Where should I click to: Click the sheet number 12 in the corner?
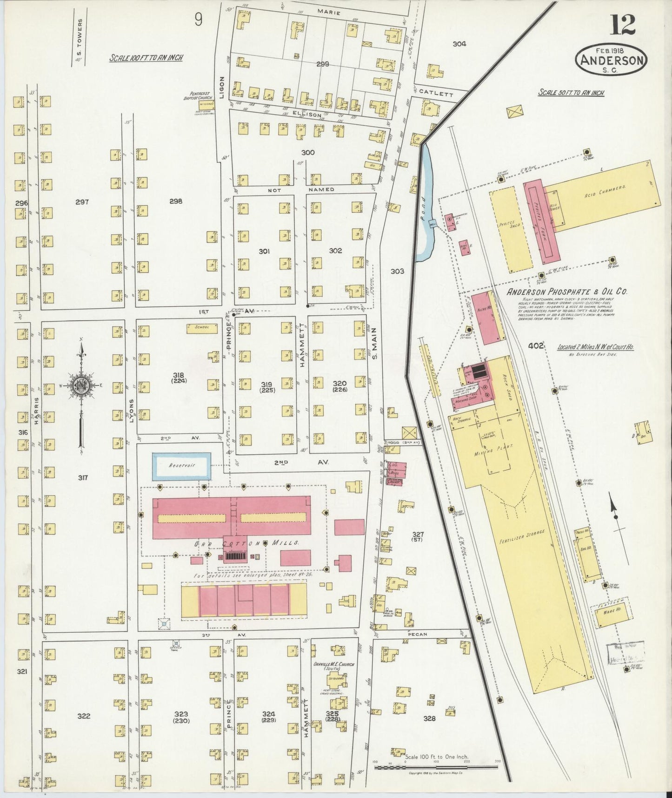click(x=623, y=25)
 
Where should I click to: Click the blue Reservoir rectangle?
click(x=181, y=466)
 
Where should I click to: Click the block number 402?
click(x=536, y=346)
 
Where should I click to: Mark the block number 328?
click(x=429, y=731)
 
